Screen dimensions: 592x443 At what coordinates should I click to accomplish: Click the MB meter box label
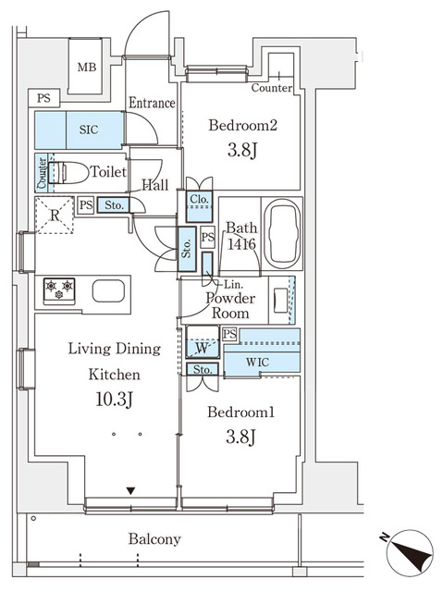87,67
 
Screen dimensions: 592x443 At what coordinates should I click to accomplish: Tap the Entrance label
152,103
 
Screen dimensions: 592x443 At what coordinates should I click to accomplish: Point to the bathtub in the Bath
282,233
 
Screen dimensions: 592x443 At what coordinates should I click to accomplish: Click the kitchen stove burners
57,290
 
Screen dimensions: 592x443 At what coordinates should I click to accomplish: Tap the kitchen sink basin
108,290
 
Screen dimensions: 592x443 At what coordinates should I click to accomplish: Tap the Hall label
154,185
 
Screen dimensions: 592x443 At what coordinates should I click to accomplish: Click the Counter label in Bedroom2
272,89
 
